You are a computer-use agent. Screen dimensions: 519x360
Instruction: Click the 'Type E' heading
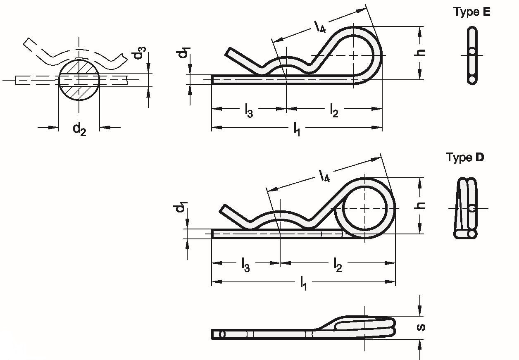(472, 12)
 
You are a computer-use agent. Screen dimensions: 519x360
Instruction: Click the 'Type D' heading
(465, 157)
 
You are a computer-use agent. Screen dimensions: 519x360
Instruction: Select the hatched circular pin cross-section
(79, 80)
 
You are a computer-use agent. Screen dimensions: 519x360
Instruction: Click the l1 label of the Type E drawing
(297, 129)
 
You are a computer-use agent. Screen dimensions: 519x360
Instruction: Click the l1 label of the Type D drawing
(303, 284)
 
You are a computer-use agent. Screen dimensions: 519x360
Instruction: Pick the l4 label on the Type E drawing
(320, 26)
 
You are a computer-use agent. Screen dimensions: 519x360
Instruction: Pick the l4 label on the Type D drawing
(324, 176)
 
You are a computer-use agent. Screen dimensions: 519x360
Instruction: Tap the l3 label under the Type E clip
(249, 111)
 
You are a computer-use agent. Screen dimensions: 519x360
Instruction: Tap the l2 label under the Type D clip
(338, 265)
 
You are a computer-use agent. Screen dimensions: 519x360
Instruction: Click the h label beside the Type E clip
(419, 53)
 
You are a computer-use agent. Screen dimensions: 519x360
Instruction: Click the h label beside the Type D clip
(419, 205)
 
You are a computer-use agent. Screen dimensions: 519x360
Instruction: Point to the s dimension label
(421, 327)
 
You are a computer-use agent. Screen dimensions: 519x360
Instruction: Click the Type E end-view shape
(472, 56)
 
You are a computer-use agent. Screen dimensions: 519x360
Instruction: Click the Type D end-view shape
(465, 208)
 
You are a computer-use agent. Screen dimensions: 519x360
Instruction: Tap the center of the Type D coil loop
(365, 208)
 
